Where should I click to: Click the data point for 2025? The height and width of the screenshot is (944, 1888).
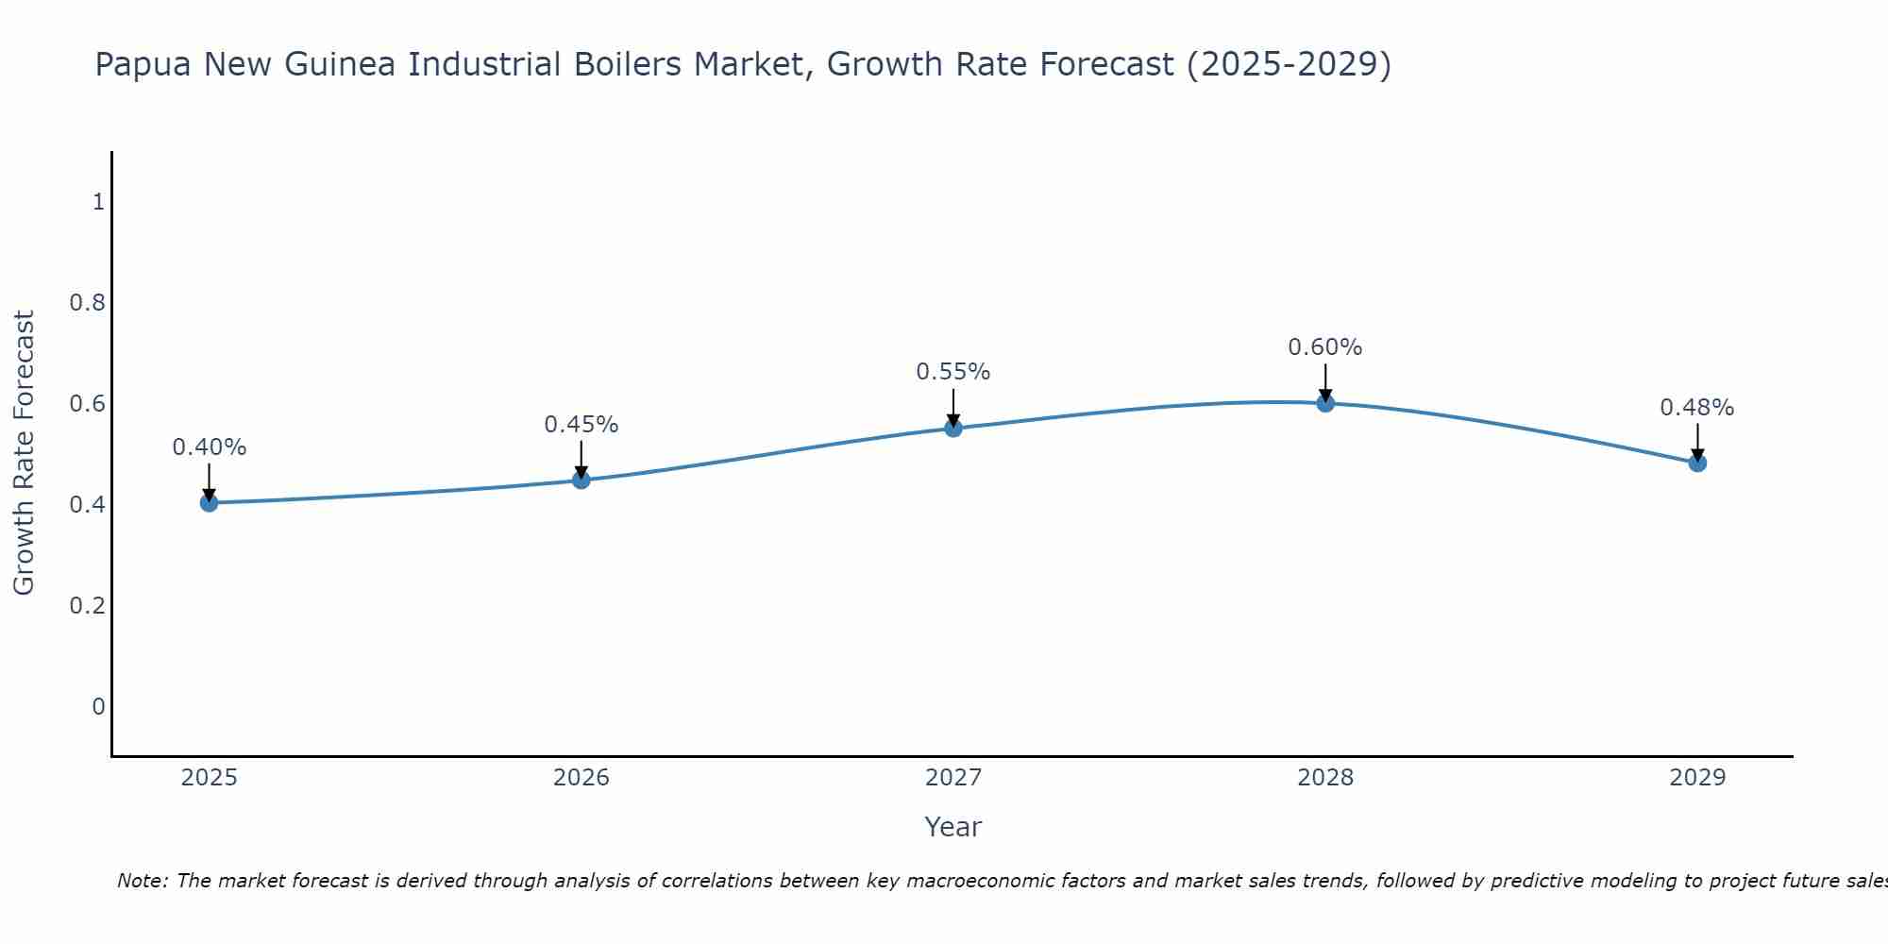point(210,503)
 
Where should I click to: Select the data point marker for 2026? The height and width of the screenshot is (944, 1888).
point(582,480)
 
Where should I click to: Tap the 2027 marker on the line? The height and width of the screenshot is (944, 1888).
point(953,429)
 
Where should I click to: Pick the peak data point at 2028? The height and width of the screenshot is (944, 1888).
point(1325,403)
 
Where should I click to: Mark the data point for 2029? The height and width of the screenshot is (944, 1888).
point(1697,463)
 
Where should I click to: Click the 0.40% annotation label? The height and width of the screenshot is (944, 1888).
point(210,447)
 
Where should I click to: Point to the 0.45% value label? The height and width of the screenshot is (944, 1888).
point(582,425)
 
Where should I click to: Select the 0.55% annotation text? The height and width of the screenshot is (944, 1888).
point(953,372)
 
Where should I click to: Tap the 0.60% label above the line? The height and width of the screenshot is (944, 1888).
point(1325,347)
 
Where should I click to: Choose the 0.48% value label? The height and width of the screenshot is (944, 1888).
point(1697,408)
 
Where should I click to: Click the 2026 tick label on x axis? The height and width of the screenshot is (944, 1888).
point(582,778)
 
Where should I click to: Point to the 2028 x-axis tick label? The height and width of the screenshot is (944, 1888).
point(1325,778)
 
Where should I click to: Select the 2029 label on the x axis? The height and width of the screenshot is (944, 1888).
point(1697,778)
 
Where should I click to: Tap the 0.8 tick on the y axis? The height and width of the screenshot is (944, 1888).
point(87,303)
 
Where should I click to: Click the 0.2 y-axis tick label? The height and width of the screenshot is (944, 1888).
point(87,605)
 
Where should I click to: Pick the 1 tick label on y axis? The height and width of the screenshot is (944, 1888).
point(97,202)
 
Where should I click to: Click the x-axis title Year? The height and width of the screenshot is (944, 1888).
point(953,827)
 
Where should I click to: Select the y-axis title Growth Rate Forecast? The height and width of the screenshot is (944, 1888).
point(25,453)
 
